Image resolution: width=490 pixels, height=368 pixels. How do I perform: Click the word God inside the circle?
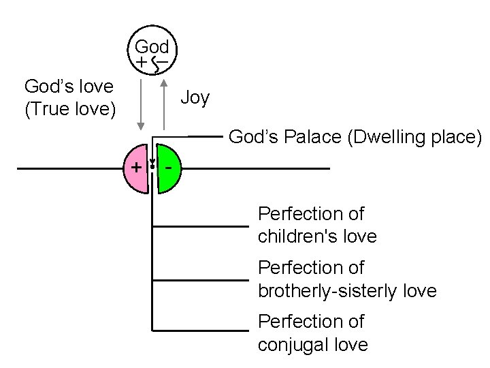(x=152, y=47)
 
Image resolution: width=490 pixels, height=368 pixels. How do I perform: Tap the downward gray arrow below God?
(x=140, y=102)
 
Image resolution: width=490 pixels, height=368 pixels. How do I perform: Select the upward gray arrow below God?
(x=163, y=102)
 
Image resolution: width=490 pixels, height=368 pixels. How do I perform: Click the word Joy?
(x=195, y=98)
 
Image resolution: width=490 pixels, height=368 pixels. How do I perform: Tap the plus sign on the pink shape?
(x=136, y=167)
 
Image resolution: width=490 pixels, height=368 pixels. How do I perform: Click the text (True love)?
(x=69, y=108)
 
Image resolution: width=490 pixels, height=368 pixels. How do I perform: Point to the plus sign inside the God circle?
(x=140, y=63)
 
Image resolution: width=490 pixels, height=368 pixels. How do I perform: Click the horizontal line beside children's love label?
(x=201, y=226)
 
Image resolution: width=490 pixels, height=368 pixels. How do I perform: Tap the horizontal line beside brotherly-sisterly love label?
(x=201, y=279)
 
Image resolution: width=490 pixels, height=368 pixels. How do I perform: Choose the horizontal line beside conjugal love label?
(x=201, y=331)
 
